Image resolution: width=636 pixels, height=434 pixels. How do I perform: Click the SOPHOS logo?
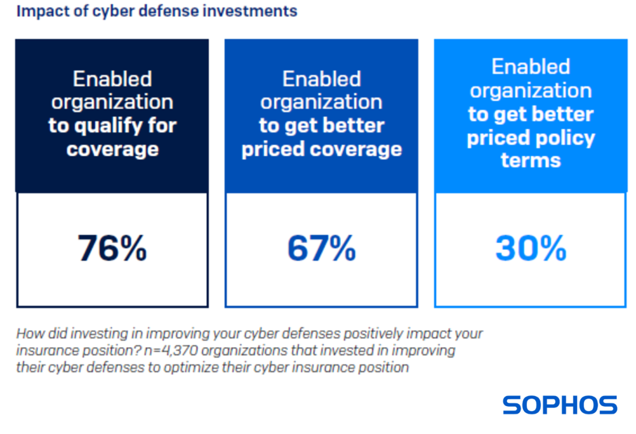tap(560, 405)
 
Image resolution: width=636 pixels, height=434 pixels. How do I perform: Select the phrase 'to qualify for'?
tap(112, 126)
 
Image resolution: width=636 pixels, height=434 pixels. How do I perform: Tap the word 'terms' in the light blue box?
tap(531, 160)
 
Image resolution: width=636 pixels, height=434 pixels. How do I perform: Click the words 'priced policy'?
tap(531, 138)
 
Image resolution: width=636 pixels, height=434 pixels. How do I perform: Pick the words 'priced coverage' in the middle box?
tap(322, 149)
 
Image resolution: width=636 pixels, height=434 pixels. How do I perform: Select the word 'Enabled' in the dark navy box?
tap(112, 79)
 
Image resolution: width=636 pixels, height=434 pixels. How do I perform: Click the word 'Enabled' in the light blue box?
tap(531, 67)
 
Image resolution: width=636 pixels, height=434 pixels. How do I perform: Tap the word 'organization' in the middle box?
tap(322, 102)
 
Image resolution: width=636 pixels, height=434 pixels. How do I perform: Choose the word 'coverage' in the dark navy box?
tap(112, 149)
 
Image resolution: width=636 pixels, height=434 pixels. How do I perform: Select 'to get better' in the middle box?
tap(322, 126)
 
